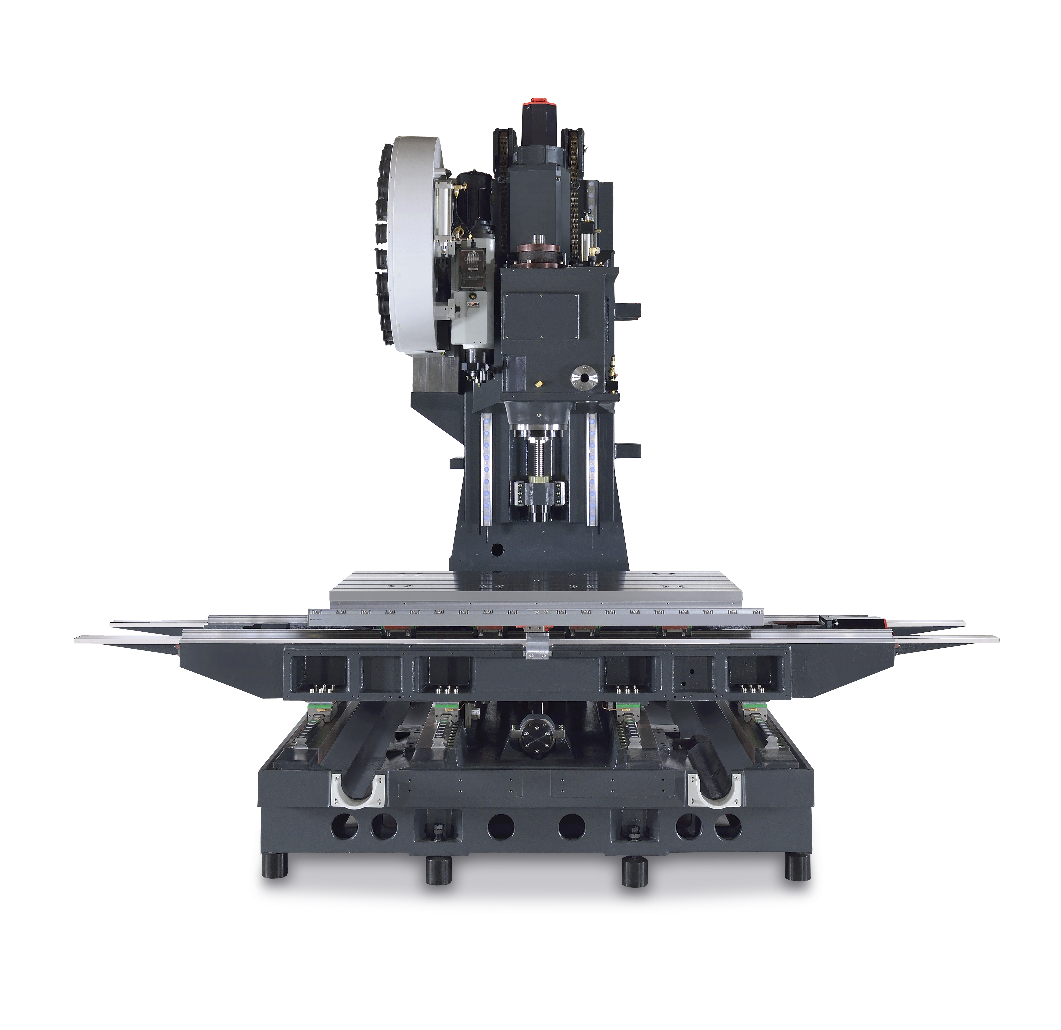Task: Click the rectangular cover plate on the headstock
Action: click(541, 317)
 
